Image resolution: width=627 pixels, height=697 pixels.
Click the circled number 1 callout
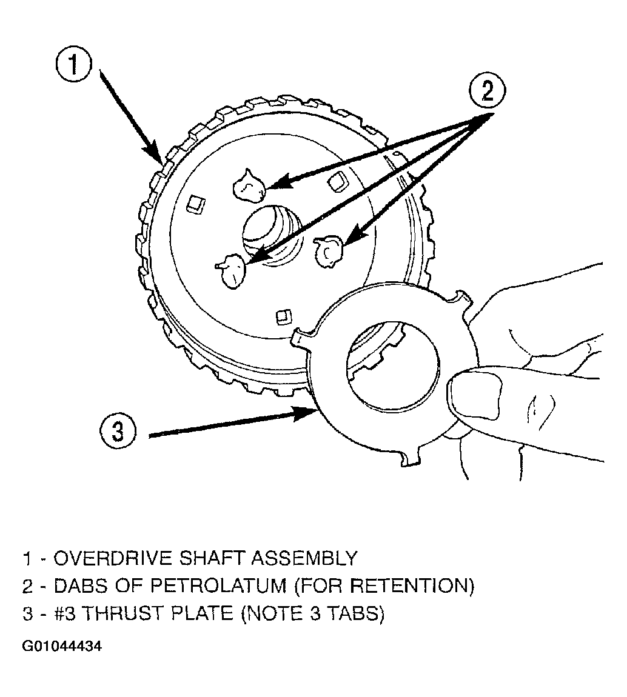click(73, 67)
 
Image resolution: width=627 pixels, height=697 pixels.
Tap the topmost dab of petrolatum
click(249, 184)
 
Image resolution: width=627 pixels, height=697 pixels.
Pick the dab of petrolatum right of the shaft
click(329, 251)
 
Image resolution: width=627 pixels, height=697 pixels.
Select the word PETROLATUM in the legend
click(219, 586)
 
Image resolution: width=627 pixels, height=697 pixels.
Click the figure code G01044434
click(62, 646)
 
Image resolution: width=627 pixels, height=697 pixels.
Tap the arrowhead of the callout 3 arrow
click(307, 413)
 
